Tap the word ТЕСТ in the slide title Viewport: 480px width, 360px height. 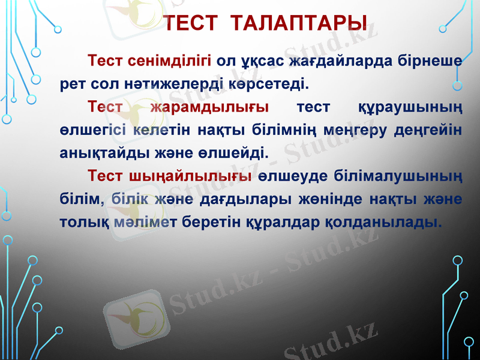point(191,25)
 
